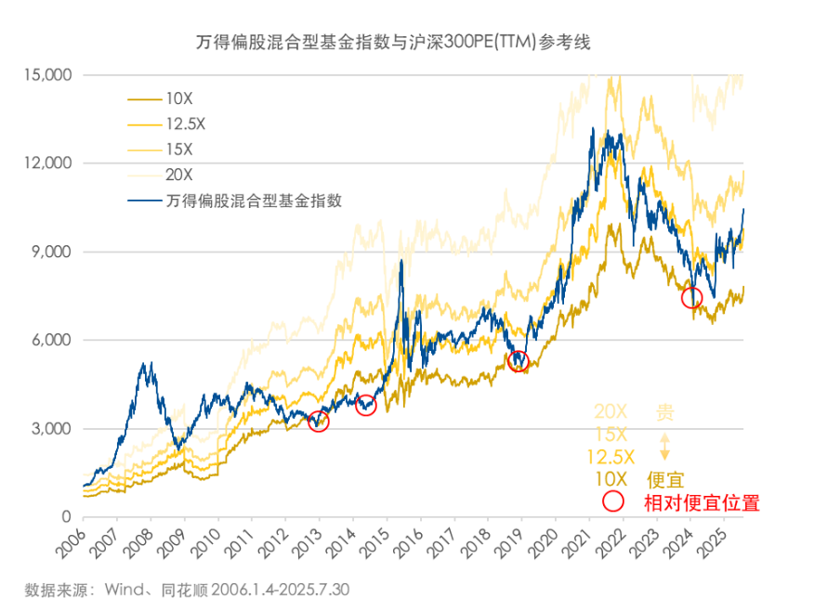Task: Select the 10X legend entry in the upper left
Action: coord(178,97)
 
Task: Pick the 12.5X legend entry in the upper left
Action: coord(184,123)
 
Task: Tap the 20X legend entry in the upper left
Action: coord(178,174)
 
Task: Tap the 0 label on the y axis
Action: coord(67,517)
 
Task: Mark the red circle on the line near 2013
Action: coord(319,422)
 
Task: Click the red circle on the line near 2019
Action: coord(519,360)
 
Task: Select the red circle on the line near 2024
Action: coord(691,298)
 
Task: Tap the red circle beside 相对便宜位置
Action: coord(613,502)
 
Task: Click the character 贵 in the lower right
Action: coord(664,412)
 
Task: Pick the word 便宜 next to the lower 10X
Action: coord(665,480)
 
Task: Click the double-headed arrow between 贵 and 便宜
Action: coord(664,447)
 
